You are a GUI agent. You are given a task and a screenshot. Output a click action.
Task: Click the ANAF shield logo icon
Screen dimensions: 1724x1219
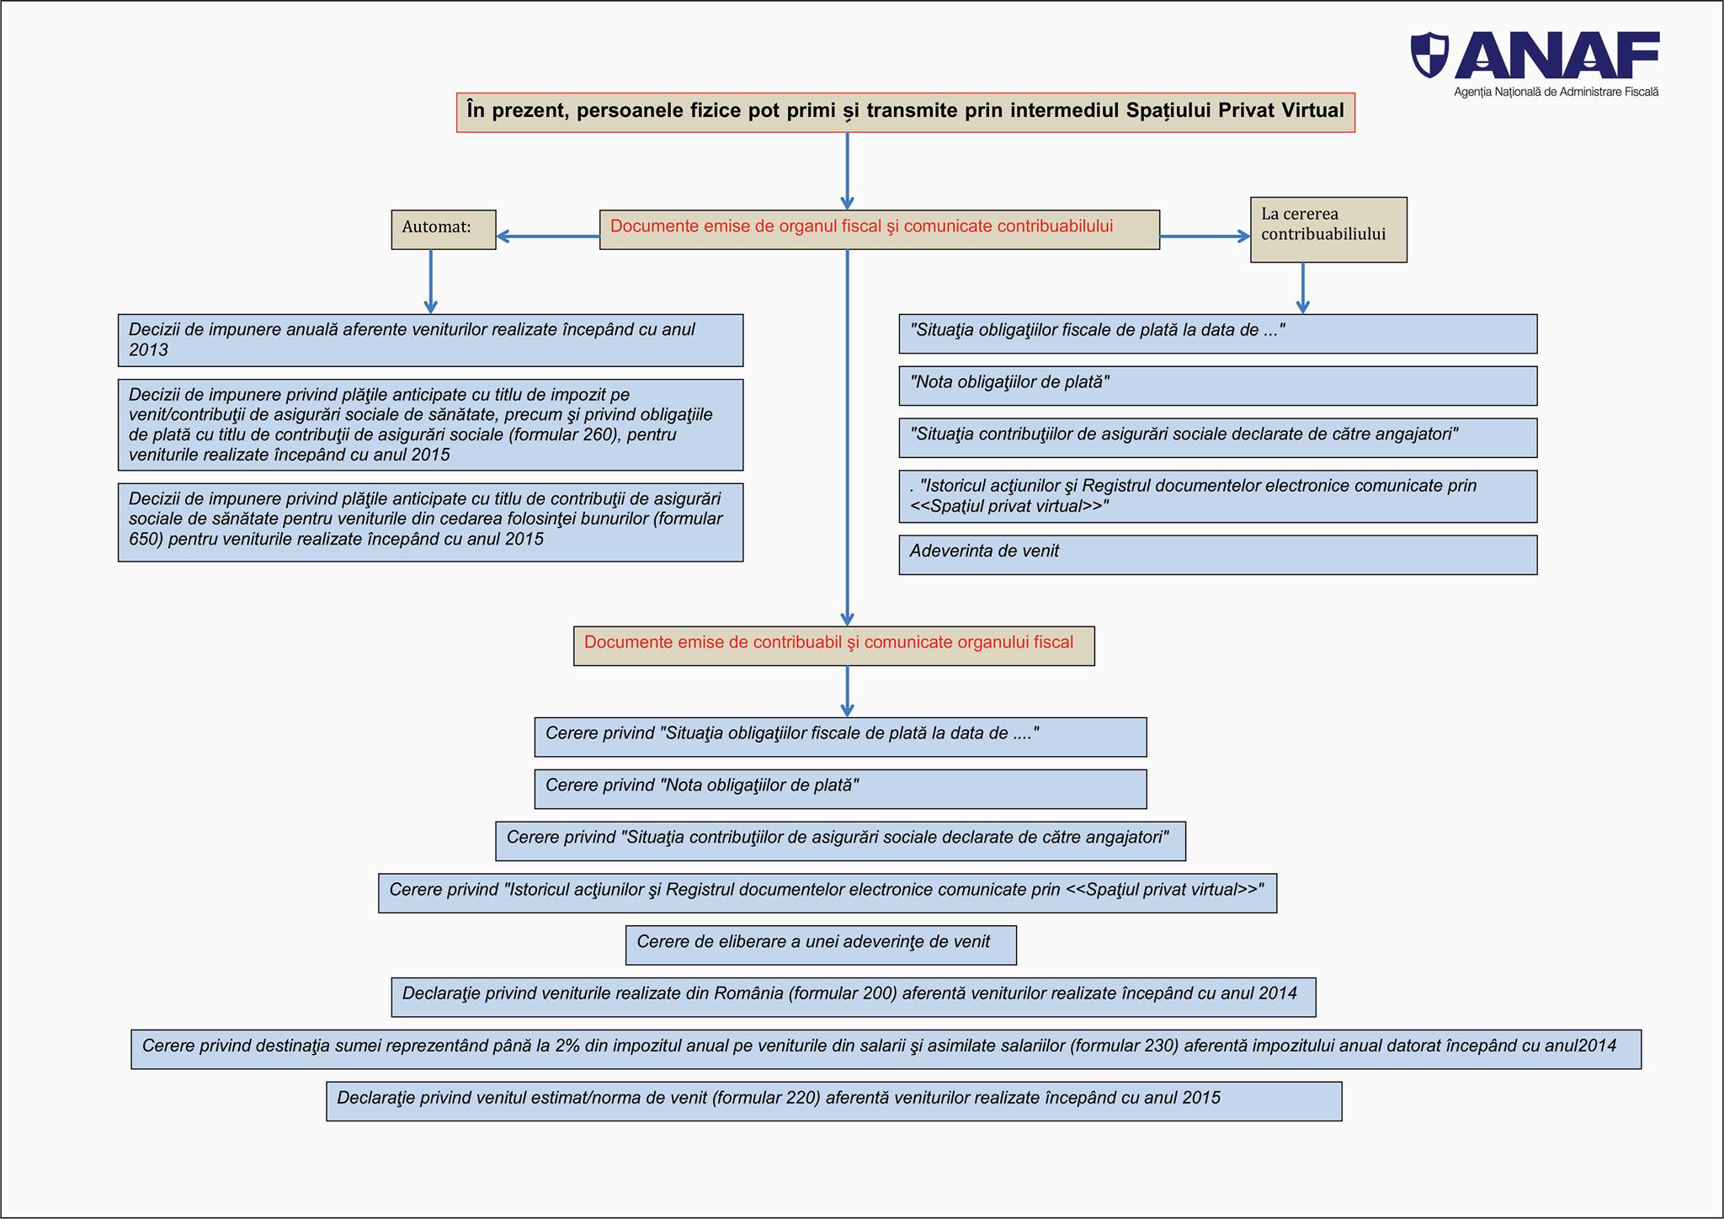[1430, 56]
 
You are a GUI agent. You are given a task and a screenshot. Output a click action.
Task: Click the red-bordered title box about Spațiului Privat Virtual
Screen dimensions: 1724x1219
[906, 113]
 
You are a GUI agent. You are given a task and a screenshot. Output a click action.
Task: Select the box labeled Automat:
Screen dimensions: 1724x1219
[444, 230]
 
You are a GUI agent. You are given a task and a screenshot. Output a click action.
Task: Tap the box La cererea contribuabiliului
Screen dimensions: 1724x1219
[1328, 230]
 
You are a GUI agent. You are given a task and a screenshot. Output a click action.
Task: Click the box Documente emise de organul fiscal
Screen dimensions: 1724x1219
[880, 230]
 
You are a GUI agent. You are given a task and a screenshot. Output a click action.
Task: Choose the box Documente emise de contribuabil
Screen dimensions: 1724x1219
[834, 646]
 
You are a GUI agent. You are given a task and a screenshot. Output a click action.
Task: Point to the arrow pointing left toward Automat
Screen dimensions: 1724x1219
[548, 237]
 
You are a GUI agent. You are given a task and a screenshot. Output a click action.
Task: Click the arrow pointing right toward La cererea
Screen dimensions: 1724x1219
[1205, 237]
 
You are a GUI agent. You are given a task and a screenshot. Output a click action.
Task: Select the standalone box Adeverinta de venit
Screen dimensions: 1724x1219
[1218, 555]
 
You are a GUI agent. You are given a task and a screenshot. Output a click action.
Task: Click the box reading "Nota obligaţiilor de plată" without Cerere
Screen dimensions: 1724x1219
[1218, 386]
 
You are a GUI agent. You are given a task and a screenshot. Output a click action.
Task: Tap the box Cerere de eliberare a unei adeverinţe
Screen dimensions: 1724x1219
[821, 945]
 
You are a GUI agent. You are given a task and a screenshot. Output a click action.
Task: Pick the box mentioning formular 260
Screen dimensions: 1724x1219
[430, 425]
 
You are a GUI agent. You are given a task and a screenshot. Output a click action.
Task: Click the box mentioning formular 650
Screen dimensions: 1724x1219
[430, 522]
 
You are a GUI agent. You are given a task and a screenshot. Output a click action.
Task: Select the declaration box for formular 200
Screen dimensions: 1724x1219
[854, 998]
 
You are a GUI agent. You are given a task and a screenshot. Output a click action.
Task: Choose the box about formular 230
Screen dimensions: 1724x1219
[886, 1049]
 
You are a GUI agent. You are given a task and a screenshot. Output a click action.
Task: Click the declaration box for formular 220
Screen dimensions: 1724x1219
[834, 1101]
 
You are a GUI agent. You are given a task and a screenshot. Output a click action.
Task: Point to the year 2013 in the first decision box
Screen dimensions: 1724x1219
[149, 350]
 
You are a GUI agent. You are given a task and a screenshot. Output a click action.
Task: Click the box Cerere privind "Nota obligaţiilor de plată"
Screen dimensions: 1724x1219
[840, 789]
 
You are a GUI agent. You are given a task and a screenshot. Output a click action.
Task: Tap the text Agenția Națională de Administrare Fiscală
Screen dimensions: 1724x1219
[1556, 92]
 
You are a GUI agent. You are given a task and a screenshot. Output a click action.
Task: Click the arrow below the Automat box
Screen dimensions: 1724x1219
[431, 281]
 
